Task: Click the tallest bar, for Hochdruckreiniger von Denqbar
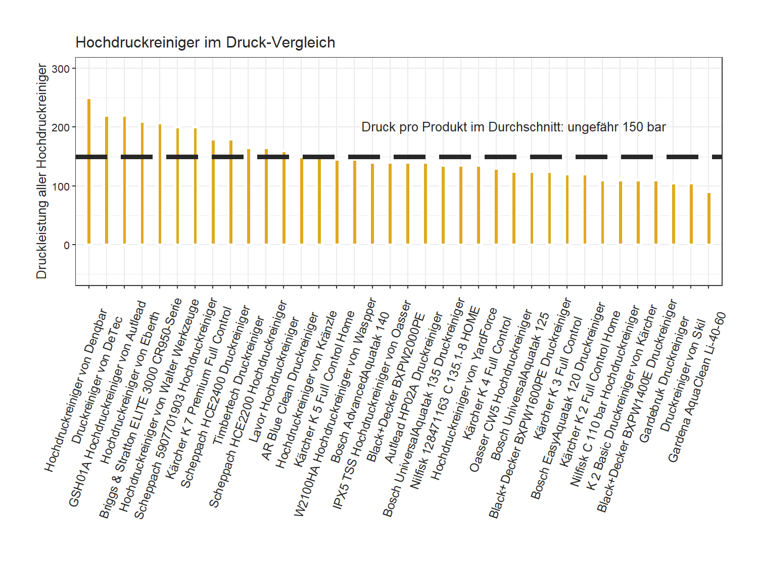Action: [89, 172]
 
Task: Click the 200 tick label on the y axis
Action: [61, 127]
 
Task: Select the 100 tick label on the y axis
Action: [61, 186]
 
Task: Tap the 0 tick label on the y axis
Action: [67, 245]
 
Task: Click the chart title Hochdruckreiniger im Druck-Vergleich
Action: [205, 42]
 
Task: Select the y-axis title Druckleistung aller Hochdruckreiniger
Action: [41, 171]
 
